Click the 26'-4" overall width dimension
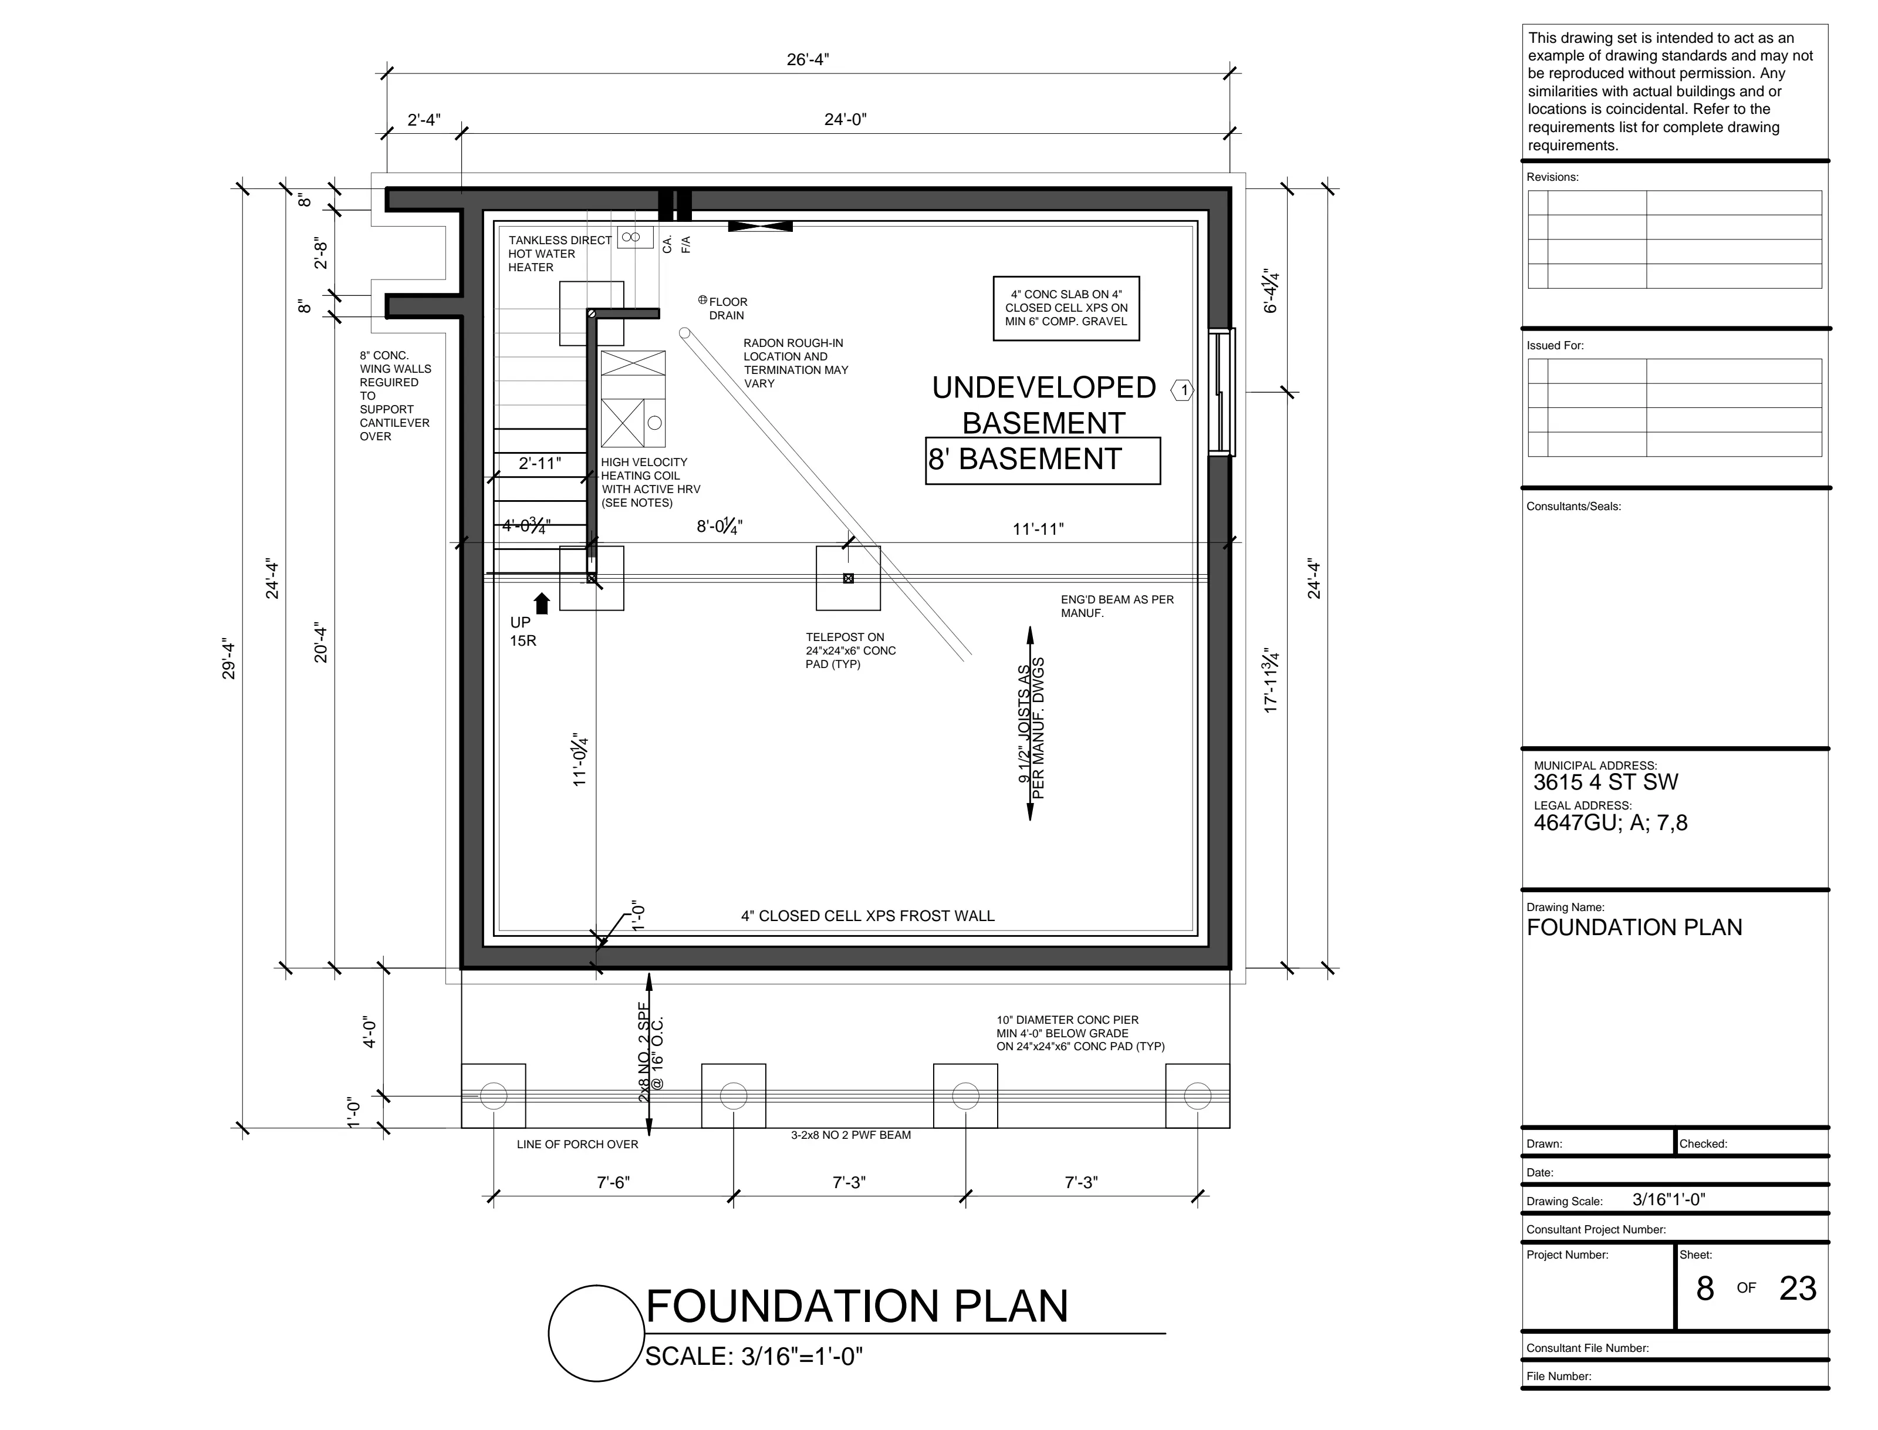pyautogui.click(x=808, y=60)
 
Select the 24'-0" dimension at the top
pyautogui.click(x=845, y=120)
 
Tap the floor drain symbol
pyautogui.click(x=703, y=299)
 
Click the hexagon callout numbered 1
pyautogui.click(x=1183, y=391)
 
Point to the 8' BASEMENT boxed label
pyautogui.click(x=1042, y=460)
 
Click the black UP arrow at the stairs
pyautogui.click(x=542, y=603)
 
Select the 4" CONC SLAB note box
pyautogui.click(x=1066, y=308)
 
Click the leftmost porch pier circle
pyautogui.click(x=494, y=1095)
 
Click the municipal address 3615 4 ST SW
pyautogui.click(x=1606, y=783)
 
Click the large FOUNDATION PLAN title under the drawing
pyautogui.click(x=857, y=1307)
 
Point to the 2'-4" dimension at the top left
pyautogui.click(x=424, y=120)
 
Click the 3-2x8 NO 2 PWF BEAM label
pyautogui.click(x=851, y=1135)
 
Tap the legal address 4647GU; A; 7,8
pyautogui.click(x=1610, y=823)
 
